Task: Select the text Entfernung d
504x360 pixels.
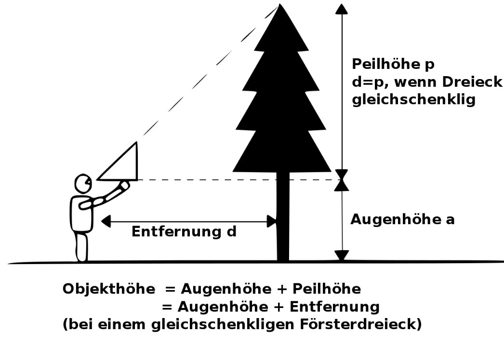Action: tap(184, 232)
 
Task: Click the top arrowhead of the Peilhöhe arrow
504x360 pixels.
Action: tap(342, 9)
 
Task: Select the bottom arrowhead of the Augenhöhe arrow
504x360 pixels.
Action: tap(342, 255)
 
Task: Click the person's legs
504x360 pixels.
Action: tap(81, 247)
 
